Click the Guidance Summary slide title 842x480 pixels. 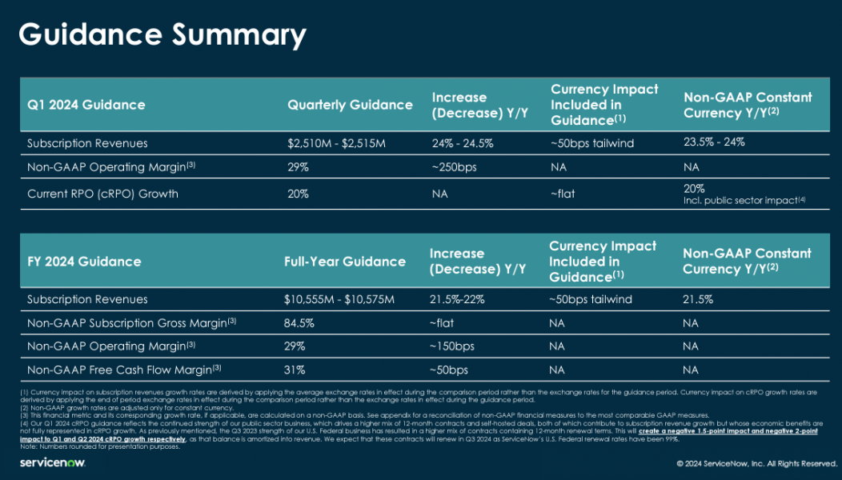click(162, 35)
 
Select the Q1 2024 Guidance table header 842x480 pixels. click(86, 105)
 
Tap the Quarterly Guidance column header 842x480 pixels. click(350, 105)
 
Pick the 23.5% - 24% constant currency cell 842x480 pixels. click(715, 142)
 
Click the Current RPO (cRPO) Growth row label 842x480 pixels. click(102, 193)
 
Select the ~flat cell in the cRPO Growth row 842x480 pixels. click(563, 193)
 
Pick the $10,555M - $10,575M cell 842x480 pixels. click(339, 299)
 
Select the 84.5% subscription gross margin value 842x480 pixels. click(299, 323)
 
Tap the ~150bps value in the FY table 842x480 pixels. click(452, 346)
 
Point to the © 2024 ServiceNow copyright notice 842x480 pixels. click(756, 464)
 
